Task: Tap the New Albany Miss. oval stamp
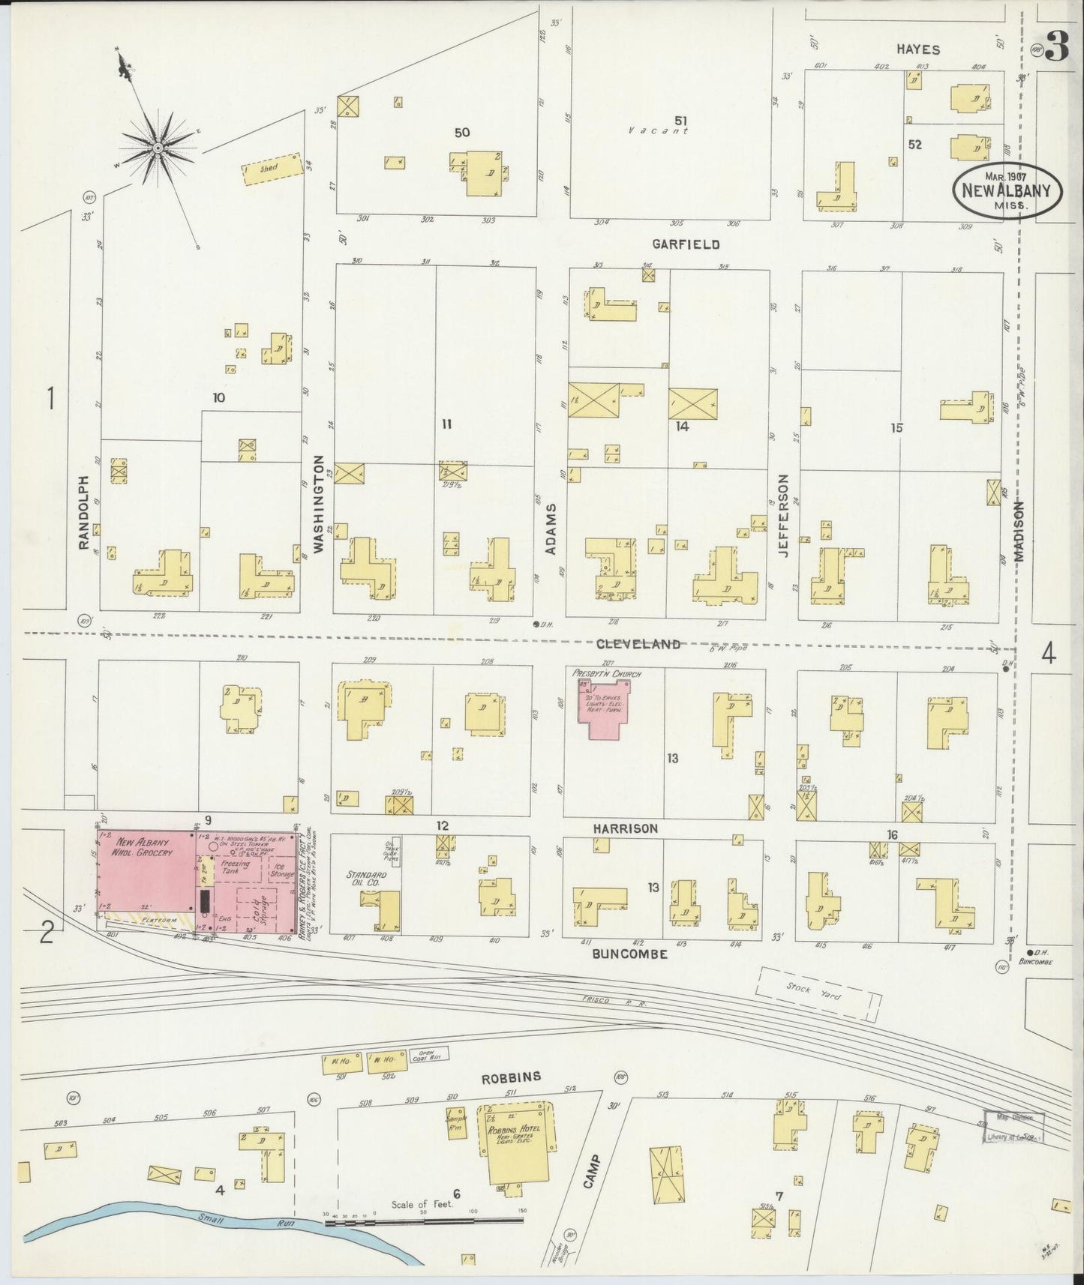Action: pyautogui.click(x=1006, y=191)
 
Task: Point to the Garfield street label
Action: pyautogui.click(x=686, y=244)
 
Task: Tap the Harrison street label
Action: pyautogui.click(x=625, y=828)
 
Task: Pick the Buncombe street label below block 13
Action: pyautogui.click(x=629, y=954)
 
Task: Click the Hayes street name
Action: pyautogui.click(x=917, y=49)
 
